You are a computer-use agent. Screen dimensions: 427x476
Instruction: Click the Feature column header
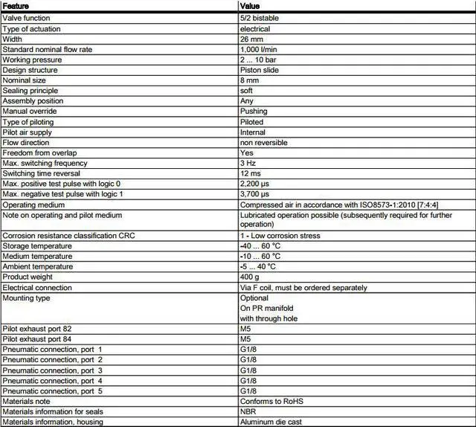[16, 7]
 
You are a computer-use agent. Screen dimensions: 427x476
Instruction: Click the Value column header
[250, 7]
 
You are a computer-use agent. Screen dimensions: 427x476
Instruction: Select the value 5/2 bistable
[260, 19]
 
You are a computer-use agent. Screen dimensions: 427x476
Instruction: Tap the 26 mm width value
[251, 39]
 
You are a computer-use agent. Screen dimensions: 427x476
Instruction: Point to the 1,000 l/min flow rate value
[258, 49]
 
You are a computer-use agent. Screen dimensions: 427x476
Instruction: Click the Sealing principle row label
[30, 91]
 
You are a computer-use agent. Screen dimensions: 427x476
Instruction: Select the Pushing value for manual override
[253, 112]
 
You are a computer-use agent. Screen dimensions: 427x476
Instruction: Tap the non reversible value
[263, 142]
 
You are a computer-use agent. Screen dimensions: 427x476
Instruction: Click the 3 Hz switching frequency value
[248, 163]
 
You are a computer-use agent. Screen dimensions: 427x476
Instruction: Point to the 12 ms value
[249, 173]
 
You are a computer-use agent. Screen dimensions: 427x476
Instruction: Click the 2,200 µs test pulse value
[255, 183]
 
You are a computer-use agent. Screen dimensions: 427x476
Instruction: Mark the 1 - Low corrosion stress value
[280, 236]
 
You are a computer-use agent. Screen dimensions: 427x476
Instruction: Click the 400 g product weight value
[249, 277]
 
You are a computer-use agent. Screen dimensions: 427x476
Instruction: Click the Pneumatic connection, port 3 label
[52, 370]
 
